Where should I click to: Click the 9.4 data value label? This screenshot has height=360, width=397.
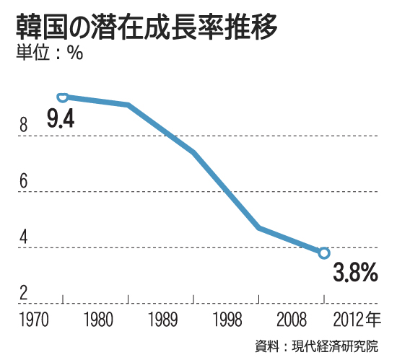coord(61,119)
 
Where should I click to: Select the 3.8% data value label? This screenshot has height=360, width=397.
coord(355,273)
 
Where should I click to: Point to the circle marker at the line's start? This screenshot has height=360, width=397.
coord(63,97)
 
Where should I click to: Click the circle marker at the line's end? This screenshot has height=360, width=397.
coord(324,253)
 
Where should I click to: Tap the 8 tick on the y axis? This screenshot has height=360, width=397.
coord(23,127)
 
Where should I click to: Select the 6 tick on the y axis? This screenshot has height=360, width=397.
coord(23,183)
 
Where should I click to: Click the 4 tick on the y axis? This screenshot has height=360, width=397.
coord(23,237)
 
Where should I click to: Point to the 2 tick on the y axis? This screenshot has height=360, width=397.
coord(23,292)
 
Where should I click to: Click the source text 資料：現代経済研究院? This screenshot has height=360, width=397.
coord(315,345)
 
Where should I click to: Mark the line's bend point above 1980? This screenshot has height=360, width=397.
coord(128,105)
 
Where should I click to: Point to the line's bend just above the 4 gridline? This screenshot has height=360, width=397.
coord(258,228)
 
